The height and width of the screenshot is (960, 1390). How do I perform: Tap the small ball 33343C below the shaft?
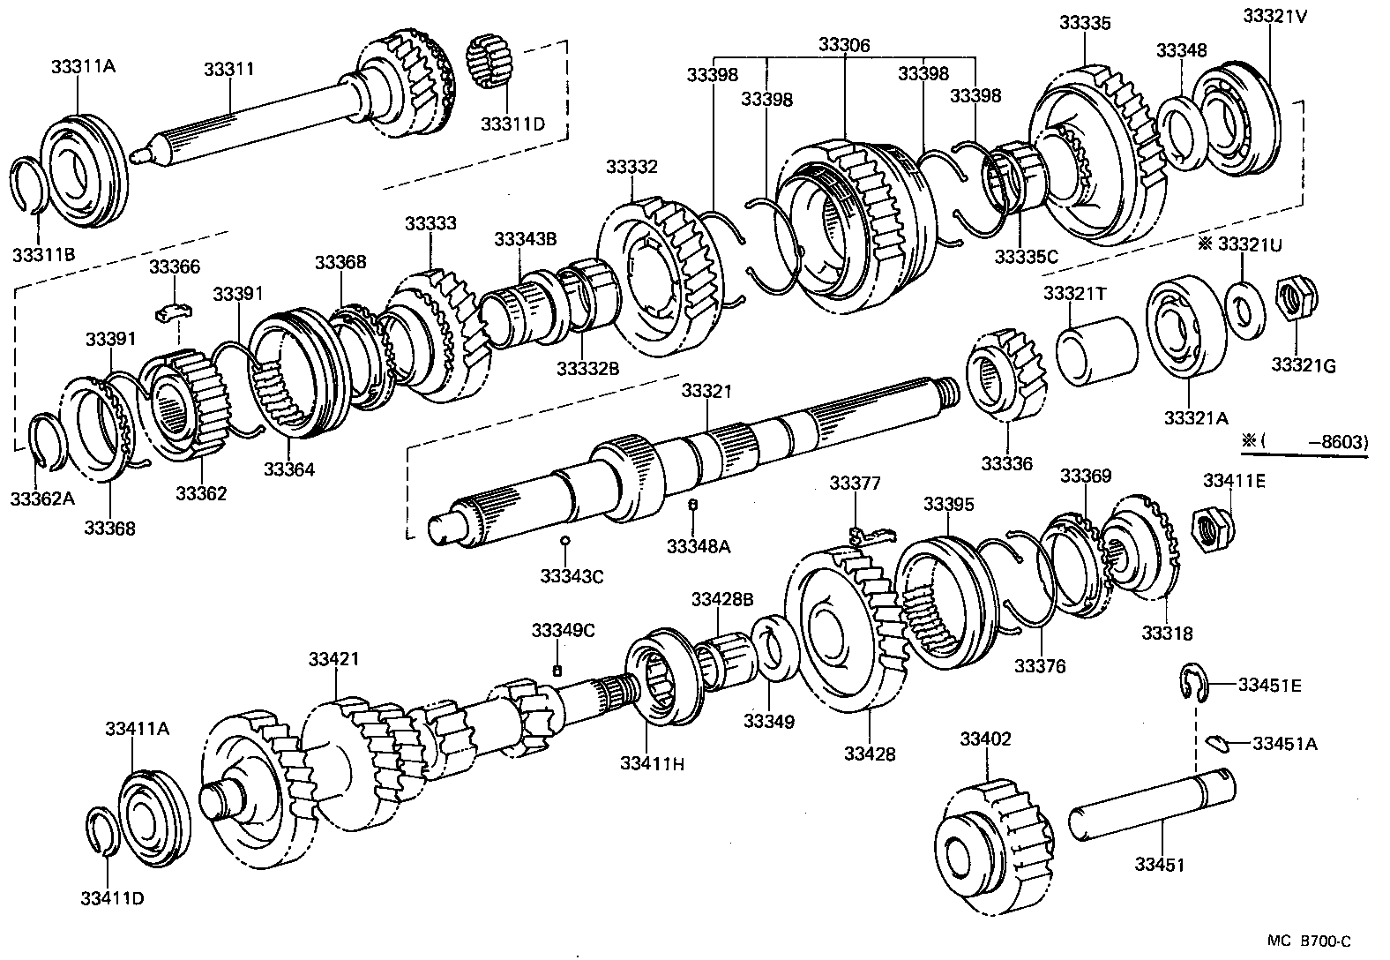(x=564, y=540)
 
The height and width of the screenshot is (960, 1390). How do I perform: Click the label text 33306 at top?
(x=844, y=45)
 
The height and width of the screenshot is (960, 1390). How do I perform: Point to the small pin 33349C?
(x=557, y=671)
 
